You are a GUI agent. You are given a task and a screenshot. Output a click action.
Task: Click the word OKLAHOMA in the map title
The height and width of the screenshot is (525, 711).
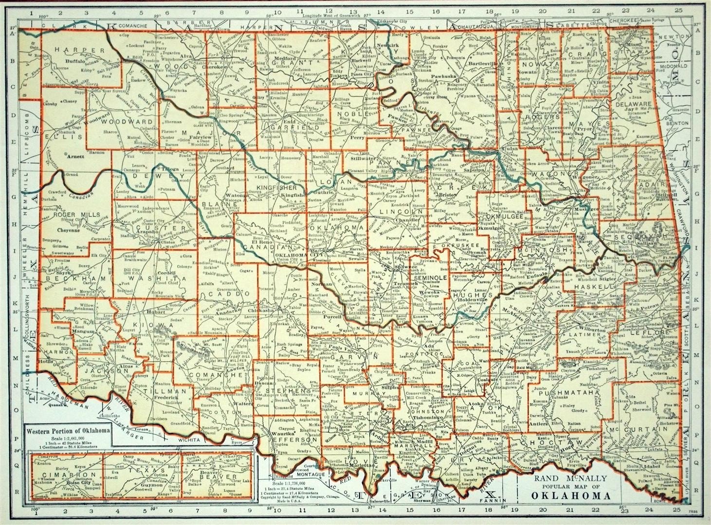pos(570,496)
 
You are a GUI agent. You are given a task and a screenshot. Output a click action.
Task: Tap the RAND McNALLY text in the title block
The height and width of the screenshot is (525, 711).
pos(571,478)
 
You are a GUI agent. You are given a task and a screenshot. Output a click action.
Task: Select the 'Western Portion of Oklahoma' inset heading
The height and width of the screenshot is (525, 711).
pos(68,430)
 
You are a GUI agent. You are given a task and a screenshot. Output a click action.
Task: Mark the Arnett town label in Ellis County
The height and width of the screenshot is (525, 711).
pos(75,157)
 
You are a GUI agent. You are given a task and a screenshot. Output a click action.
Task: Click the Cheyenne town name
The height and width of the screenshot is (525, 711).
pos(68,231)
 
